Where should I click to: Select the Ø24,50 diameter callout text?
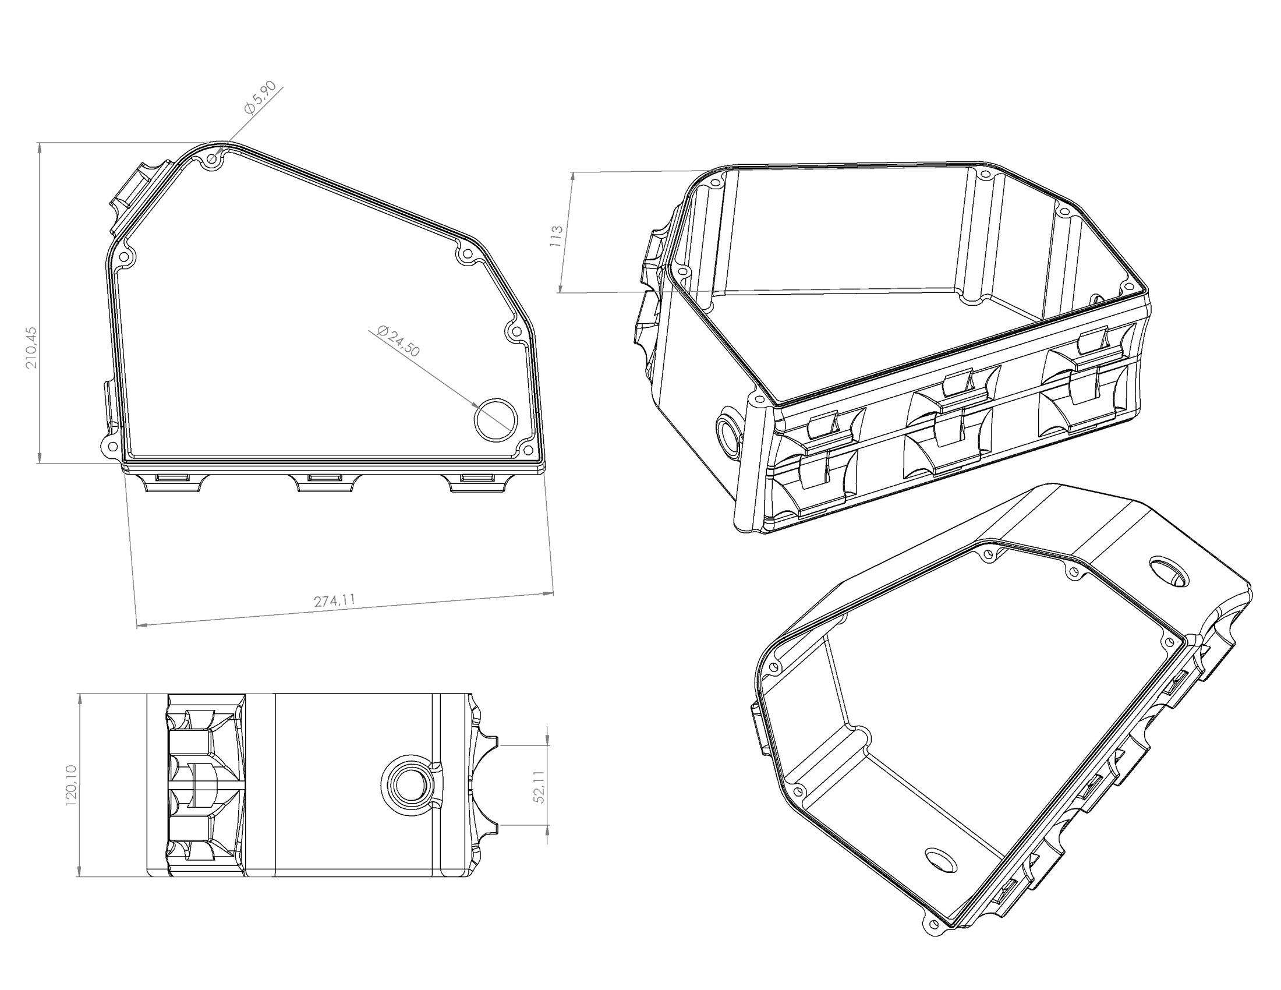click(x=399, y=341)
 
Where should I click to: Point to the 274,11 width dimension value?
click(x=335, y=601)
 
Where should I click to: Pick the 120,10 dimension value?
click(x=72, y=786)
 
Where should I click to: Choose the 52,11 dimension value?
click(x=540, y=787)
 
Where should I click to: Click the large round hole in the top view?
click(x=496, y=419)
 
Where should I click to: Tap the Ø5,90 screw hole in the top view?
click(x=212, y=159)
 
